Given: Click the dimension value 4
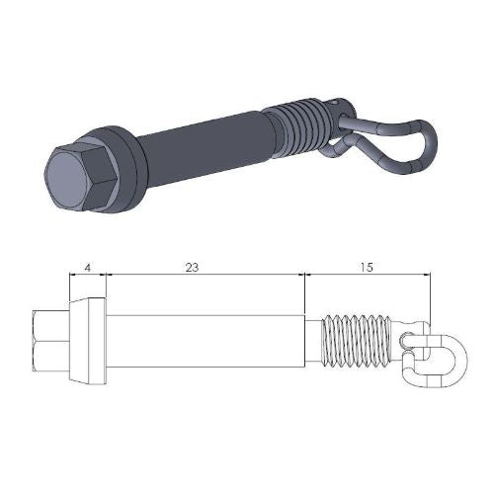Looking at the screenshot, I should tap(88, 267).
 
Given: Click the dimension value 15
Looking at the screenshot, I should tap(366, 267).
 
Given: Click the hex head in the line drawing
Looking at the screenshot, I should tap(49, 341).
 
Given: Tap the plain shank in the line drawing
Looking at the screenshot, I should tap(203, 341).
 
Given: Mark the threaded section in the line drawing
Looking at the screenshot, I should tap(357, 341).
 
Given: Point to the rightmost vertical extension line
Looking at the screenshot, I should tap(432, 296).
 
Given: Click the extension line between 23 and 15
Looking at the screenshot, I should tap(304, 296).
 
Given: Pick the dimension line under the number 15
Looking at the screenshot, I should tap(368, 277).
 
